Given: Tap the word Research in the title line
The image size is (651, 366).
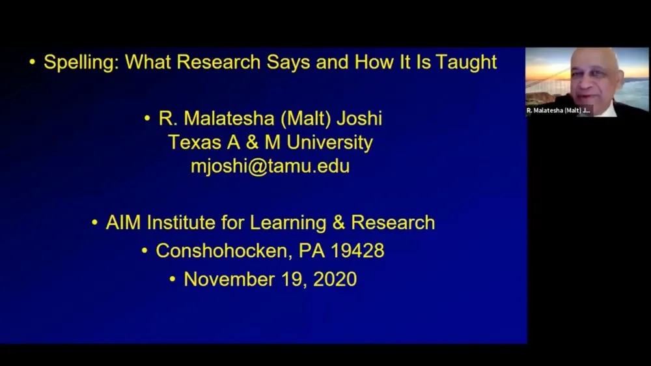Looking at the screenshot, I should [x=219, y=63].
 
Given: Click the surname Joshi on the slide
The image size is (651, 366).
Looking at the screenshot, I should [x=358, y=119].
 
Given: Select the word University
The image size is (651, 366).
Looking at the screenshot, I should [x=330, y=143].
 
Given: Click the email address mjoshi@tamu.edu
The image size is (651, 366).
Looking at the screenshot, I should [x=270, y=166].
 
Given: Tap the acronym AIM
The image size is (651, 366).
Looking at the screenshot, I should [x=124, y=223].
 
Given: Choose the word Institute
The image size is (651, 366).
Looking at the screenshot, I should [x=182, y=223].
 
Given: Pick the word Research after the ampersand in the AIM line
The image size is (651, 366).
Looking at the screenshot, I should [x=393, y=223].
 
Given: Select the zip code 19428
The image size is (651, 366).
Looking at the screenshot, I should [x=356, y=251].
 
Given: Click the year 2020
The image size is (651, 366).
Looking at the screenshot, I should [x=335, y=279].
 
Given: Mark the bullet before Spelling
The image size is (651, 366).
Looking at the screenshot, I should [x=32, y=63].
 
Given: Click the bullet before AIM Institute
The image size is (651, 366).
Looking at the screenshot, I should [x=95, y=223].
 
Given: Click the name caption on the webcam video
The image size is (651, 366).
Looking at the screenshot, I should [x=559, y=111].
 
